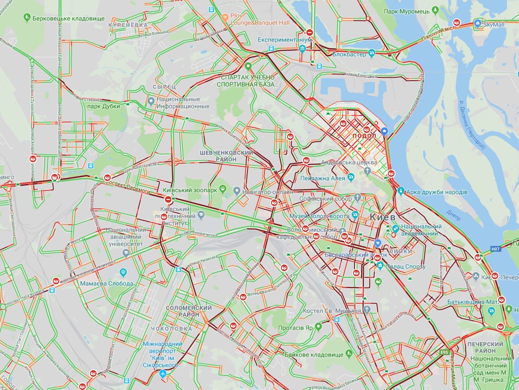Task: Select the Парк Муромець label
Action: [x=406, y=11]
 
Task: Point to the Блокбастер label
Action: [x=349, y=54]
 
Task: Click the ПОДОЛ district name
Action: [x=364, y=135]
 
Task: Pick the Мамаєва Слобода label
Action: [x=100, y=283]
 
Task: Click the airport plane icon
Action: [x=163, y=374]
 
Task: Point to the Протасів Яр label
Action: [x=296, y=327]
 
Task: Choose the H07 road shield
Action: [x=494, y=249]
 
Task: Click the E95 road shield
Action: [x=444, y=351]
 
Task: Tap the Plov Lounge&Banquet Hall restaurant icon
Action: [x=225, y=17]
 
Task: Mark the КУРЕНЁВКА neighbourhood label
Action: [x=128, y=25]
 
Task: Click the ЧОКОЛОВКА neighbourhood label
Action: [x=172, y=328]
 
